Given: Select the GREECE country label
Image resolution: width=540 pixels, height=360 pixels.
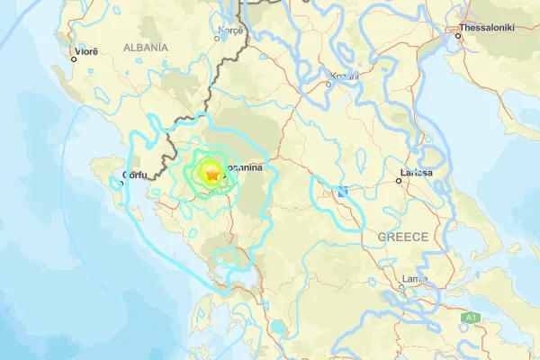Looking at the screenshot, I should point(402,237).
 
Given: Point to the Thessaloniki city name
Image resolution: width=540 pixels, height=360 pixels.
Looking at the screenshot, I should point(486,28).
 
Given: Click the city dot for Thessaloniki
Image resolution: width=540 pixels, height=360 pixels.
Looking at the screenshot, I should point(456,37).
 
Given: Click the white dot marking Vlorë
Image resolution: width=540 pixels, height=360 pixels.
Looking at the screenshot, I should point(75,59).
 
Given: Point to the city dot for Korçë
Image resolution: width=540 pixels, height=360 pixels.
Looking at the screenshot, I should point(220,39).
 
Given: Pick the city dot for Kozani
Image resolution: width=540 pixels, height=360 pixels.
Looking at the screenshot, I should point(328,85).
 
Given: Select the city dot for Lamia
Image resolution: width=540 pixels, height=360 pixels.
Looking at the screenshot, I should point(401,287).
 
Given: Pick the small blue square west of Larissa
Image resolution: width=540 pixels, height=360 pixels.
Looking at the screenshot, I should point(343,191).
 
